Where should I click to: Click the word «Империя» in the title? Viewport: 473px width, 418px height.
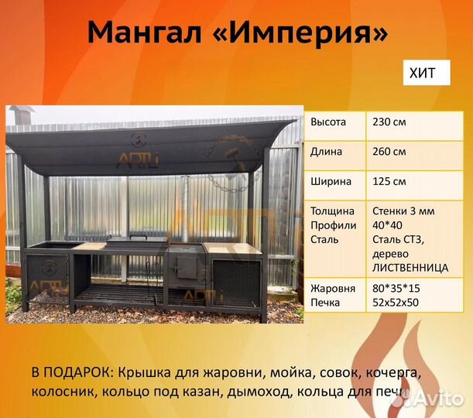tap(309, 33)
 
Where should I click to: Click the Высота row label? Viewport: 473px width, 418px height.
tap(328, 122)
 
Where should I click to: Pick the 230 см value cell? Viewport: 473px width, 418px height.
tap(389, 122)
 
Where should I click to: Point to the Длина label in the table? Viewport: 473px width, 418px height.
tap(327, 152)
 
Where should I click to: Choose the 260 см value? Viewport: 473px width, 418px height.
tap(389, 152)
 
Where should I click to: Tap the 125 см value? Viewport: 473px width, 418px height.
tap(389, 182)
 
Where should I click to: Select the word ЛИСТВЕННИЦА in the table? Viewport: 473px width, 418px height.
tap(410, 267)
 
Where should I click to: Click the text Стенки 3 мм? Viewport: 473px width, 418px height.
tap(403, 211)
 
